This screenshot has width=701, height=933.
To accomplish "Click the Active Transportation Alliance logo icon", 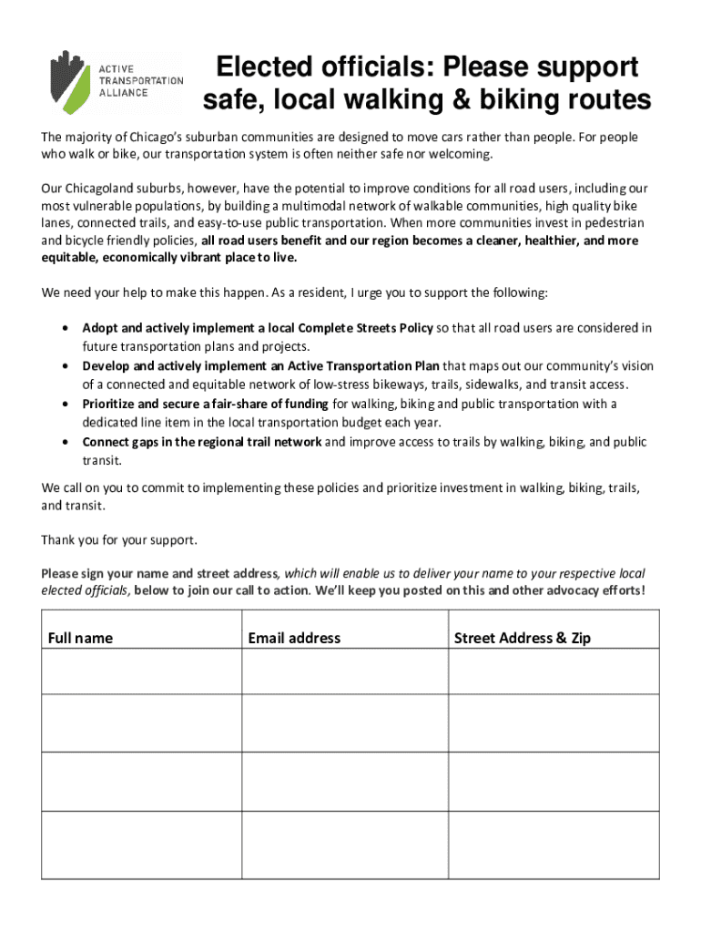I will click(69, 81).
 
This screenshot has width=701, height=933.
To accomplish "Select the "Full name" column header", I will click(80, 638).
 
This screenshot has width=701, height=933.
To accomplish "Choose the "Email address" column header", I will click(294, 638).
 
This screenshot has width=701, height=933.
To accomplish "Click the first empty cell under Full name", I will click(141, 672).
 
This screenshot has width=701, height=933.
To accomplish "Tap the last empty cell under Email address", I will click(344, 845).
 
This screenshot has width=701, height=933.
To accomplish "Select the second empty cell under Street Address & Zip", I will click(554, 723).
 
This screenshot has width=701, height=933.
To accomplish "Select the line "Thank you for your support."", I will click(118, 539).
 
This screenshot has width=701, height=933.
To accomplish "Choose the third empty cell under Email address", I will click(344, 781).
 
